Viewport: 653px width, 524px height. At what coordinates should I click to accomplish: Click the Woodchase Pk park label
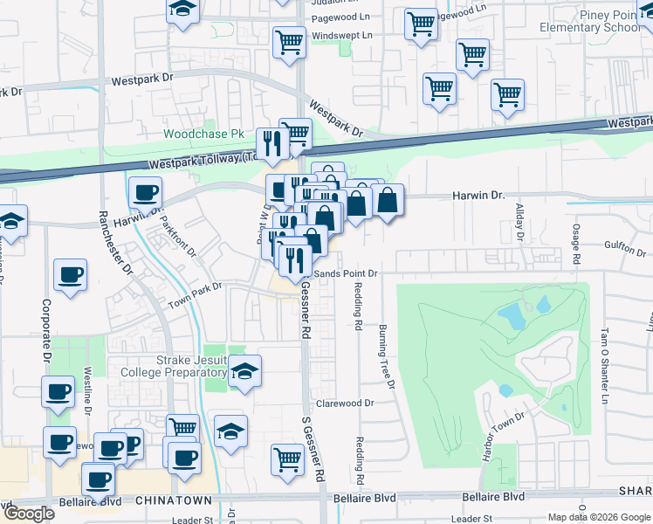(203, 134)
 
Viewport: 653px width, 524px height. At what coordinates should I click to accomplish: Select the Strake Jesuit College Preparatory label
(178, 368)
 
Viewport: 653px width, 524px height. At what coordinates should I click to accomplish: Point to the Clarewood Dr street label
(345, 403)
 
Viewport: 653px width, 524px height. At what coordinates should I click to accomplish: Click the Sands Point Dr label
(346, 273)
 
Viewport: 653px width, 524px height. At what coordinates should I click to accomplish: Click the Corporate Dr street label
(45, 331)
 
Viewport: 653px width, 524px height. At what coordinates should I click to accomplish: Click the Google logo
(29, 514)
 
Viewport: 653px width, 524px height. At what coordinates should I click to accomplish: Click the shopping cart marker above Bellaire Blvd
(287, 458)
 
